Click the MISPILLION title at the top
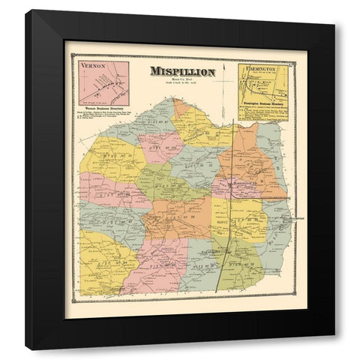pyautogui.click(x=182, y=71)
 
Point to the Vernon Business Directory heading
pyautogui.click(x=101, y=108)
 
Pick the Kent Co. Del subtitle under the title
pyautogui.click(x=182, y=79)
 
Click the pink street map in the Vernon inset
pyautogui.click(x=102, y=86)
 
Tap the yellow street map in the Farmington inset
pyautogui.click(x=263, y=82)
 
